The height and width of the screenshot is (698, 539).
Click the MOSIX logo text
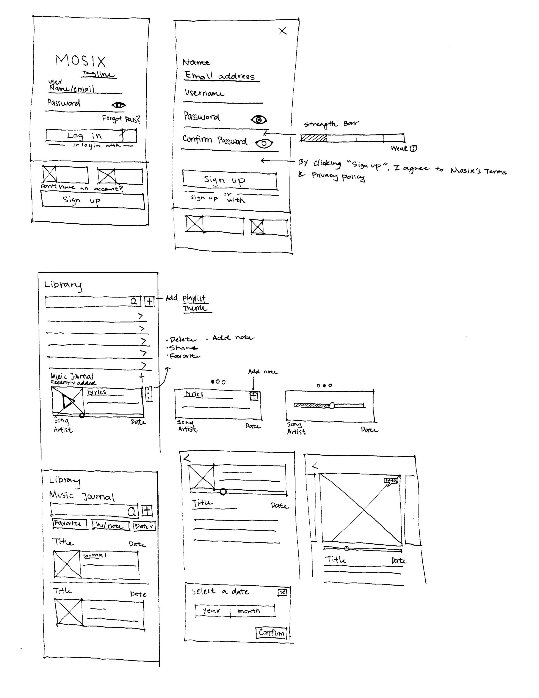(80, 61)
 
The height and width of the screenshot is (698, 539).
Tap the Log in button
(91, 136)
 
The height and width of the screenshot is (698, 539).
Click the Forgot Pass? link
(121, 119)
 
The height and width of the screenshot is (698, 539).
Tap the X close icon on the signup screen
(283, 31)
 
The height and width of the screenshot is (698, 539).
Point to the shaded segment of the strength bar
(313, 138)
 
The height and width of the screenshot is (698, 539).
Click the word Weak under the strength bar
(399, 148)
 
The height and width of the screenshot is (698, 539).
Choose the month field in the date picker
(249, 611)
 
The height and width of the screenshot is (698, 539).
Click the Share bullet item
(183, 348)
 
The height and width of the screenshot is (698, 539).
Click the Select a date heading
(220, 592)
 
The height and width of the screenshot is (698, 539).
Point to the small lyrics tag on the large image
(391, 480)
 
